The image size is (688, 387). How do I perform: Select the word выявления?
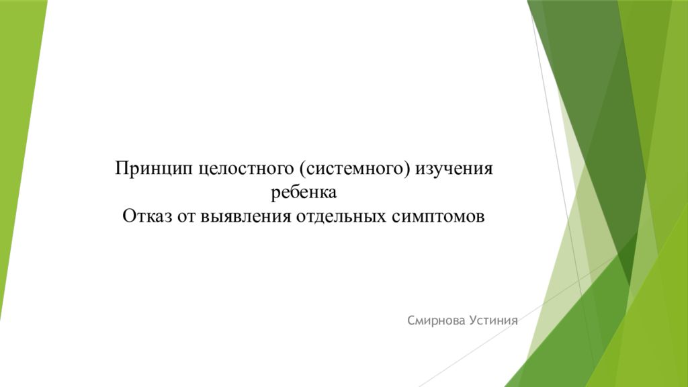(x=245, y=217)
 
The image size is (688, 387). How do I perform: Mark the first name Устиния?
(x=491, y=321)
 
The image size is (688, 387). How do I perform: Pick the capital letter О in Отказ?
(x=130, y=217)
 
